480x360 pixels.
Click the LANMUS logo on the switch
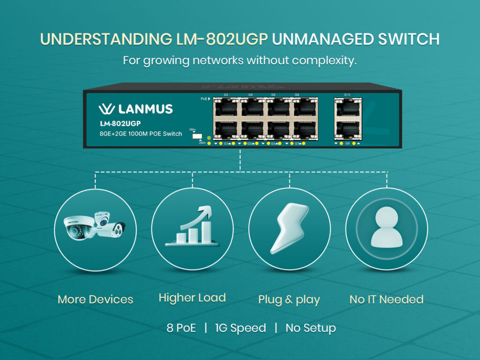pos(135,109)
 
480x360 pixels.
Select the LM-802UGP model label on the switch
pos(120,124)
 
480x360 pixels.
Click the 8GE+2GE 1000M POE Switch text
pos(134,134)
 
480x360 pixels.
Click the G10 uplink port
pos(347,108)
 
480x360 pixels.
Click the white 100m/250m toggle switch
pos(197,136)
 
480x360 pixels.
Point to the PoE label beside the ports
pos(205,99)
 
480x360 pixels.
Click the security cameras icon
pos(96,229)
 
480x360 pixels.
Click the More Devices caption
pos(95,300)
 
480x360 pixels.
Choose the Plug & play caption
pos(289,300)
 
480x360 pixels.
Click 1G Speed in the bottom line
pos(240,328)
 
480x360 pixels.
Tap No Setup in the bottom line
pos(310,328)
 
